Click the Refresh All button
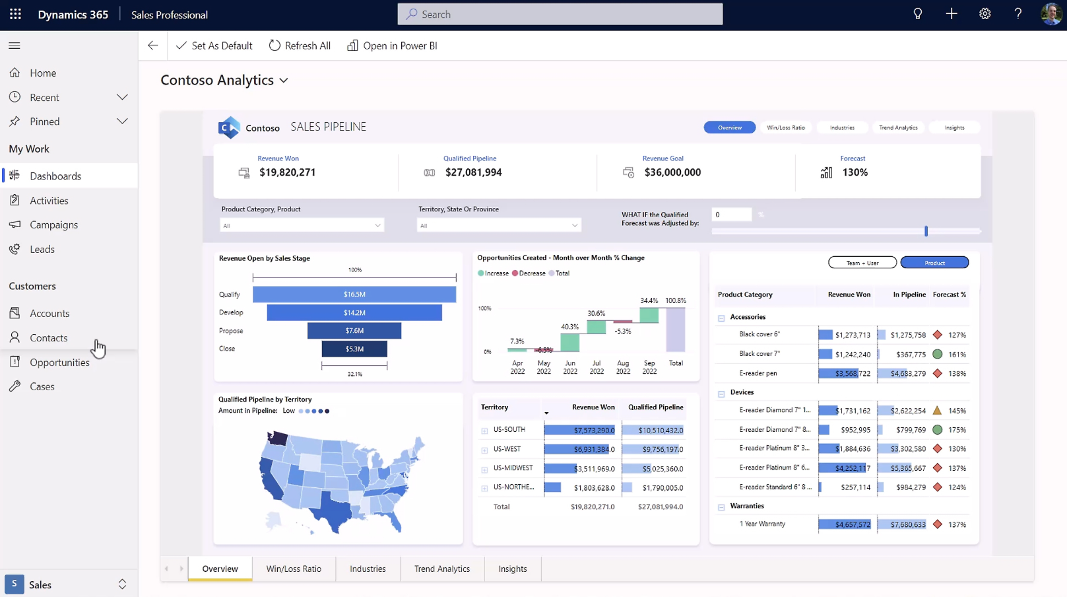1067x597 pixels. [300, 46]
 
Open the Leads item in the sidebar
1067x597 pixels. [42, 249]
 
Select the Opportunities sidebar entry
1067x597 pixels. [59, 362]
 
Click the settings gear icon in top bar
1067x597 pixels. [985, 14]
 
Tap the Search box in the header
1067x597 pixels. [560, 14]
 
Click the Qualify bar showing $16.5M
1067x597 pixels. [354, 295]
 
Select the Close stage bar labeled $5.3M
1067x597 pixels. [354, 349]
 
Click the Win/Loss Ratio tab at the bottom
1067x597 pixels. [294, 569]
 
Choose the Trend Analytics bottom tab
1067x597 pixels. [442, 569]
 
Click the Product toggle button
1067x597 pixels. [934, 263]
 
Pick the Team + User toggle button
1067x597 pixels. [862, 263]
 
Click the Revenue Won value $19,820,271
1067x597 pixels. [287, 172]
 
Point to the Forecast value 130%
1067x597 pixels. [855, 172]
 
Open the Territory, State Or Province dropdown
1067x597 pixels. [499, 226]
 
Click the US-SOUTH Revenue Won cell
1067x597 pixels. [580, 430]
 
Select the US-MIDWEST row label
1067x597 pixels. [513, 468]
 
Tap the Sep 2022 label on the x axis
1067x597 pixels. [649, 367]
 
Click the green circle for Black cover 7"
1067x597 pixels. [937, 354]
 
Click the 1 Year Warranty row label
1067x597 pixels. [762, 524]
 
